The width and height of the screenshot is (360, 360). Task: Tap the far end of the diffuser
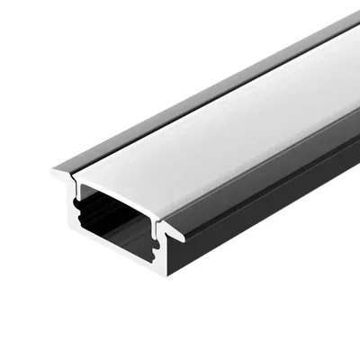346,49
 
